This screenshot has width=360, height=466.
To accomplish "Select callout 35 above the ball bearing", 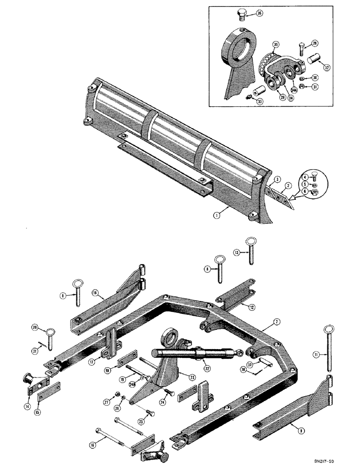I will (276, 45).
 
